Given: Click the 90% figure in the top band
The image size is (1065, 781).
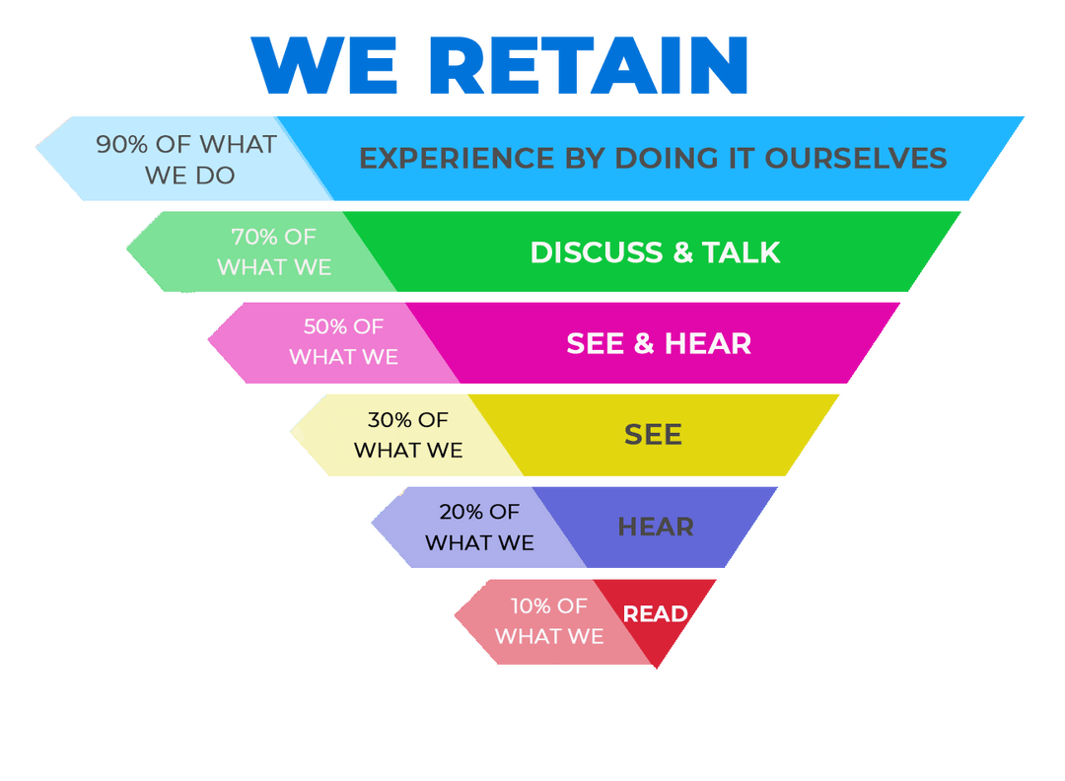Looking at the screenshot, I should pos(121,144).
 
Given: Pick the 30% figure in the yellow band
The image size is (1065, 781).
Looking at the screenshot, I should pos(390,420).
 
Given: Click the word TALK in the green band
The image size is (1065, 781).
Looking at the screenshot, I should pos(742,252).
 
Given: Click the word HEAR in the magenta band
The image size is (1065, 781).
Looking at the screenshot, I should pos(708,343).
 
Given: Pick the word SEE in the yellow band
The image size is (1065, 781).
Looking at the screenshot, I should pos(653,435).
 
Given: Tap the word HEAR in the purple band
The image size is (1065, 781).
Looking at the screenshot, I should pos(656,527).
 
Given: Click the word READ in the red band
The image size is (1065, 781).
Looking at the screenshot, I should pos(656,614).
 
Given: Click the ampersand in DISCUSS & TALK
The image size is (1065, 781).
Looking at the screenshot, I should pos(683,252).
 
